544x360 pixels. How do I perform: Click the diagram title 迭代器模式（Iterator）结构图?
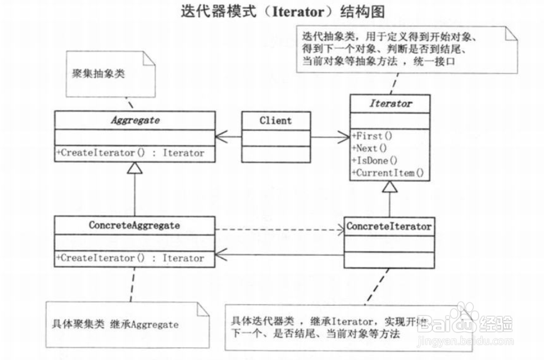283,12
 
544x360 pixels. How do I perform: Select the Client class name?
275,121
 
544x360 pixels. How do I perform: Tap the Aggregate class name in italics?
134,120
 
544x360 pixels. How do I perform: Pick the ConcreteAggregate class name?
134,226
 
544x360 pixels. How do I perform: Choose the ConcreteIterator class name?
389,227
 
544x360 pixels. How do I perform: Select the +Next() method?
369,148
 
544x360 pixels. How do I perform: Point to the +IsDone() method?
374,161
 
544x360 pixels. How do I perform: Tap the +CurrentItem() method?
387,173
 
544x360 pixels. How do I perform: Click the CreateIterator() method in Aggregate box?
130,153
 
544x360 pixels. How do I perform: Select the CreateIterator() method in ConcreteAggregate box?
130,258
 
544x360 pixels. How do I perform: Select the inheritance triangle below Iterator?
389,188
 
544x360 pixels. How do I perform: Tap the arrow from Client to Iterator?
330,137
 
